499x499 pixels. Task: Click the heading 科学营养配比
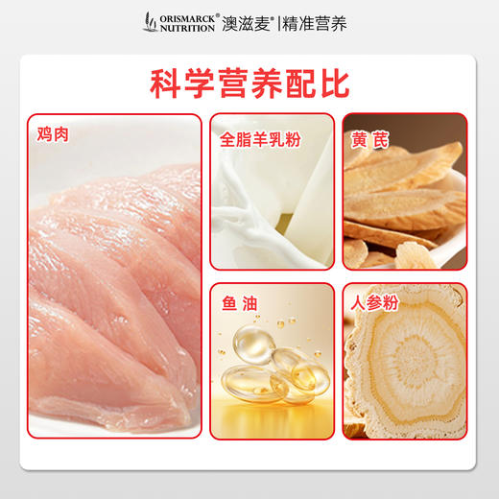coord(249,83)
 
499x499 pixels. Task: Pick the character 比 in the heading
coord(331,83)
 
